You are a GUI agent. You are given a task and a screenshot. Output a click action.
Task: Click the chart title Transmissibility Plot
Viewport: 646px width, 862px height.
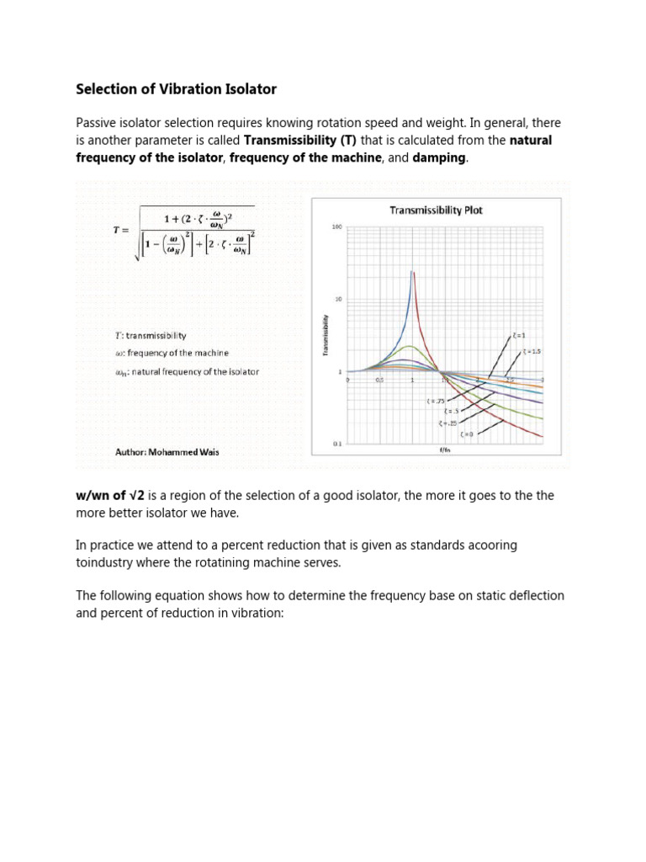click(436, 210)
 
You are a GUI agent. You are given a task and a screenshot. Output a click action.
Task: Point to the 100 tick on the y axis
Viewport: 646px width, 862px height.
click(338, 227)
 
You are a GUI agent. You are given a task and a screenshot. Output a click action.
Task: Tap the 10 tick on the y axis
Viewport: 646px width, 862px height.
click(339, 299)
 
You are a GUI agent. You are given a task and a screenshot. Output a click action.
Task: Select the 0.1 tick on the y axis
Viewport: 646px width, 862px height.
click(338, 443)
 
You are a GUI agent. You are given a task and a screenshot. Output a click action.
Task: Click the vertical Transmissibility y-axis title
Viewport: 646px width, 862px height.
click(326, 335)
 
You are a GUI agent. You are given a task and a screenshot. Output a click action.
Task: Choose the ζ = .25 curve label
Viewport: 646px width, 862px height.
click(446, 423)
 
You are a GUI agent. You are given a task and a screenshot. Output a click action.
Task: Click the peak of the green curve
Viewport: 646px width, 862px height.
click(409, 346)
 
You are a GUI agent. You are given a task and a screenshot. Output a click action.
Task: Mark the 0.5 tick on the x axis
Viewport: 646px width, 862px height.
click(379, 380)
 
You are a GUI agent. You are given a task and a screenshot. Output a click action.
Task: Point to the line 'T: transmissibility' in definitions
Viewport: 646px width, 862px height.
click(151, 334)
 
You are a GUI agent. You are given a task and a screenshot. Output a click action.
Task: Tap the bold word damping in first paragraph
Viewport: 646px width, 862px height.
click(439, 158)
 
